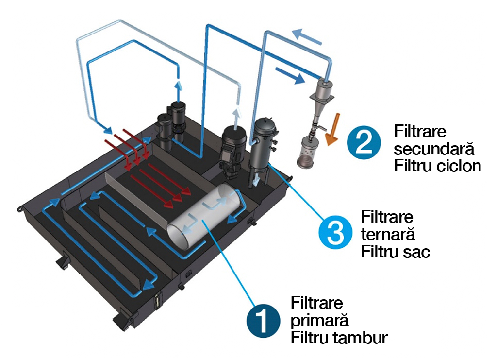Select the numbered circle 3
click(335, 234)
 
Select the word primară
click(319, 320)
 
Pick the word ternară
click(388, 234)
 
